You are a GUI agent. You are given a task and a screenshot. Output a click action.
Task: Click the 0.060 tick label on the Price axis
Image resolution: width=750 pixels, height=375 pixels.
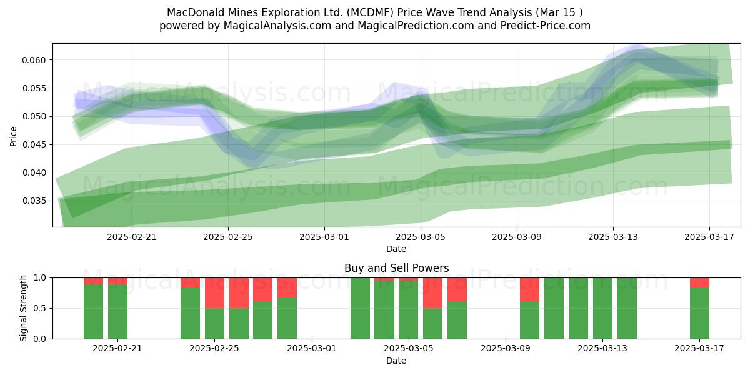(x=34, y=60)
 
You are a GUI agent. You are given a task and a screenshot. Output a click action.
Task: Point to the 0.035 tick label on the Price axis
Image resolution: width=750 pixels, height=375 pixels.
(x=34, y=201)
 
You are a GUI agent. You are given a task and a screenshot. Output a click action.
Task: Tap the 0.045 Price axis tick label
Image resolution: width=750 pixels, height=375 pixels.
(x=34, y=145)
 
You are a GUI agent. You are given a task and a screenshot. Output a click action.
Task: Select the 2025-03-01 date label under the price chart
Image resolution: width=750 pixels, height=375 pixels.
(x=324, y=237)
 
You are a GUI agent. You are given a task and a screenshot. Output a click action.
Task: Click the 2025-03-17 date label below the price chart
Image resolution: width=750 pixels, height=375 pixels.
(x=709, y=237)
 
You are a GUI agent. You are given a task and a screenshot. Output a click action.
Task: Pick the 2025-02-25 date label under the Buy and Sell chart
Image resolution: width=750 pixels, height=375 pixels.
(x=214, y=349)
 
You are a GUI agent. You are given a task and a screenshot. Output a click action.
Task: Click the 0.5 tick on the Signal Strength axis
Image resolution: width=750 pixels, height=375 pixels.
(x=40, y=308)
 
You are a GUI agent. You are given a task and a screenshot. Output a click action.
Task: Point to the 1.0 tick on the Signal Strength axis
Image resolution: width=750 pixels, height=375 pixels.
(x=40, y=278)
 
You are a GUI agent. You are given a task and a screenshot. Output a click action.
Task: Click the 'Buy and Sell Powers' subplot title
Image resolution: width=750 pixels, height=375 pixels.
(x=396, y=268)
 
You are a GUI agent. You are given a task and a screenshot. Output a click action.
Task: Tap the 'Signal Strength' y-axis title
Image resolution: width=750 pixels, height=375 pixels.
(x=23, y=308)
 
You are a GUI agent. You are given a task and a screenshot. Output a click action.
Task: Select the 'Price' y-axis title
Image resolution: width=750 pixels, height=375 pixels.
(x=13, y=136)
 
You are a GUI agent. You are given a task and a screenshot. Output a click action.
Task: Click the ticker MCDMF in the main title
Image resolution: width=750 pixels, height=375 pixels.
(x=370, y=12)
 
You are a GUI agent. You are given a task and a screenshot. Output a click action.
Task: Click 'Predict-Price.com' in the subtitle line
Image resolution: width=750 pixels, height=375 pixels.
(x=546, y=26)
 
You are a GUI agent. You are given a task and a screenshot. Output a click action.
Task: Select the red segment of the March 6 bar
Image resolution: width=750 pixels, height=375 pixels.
(x=432, y=293)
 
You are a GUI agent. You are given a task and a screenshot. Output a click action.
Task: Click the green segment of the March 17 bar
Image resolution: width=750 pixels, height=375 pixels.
(x=699, y=313)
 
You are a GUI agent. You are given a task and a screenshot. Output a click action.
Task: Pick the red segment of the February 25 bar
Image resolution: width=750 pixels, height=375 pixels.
(x=214, y=293)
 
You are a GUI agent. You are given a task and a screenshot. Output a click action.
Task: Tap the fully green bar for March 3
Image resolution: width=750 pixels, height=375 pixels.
(x=360, y=308)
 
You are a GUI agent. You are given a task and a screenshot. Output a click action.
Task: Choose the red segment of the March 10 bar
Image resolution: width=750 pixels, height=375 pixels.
(x=530, y=289)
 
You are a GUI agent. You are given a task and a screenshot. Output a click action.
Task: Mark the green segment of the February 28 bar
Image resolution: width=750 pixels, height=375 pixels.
(x=287, y=318)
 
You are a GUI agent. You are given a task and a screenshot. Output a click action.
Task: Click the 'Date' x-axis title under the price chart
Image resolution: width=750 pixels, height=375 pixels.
(x=396, y=249)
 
